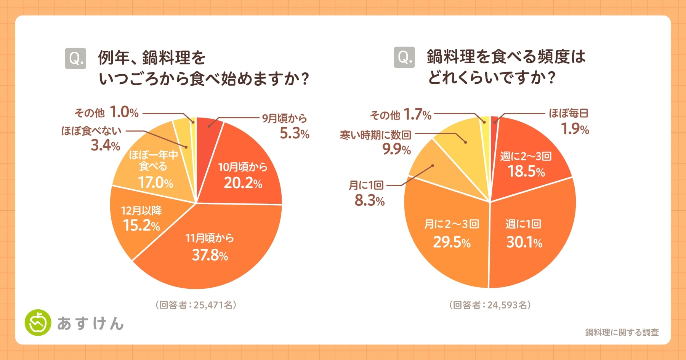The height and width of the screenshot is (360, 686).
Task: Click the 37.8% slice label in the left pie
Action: pos(210,254)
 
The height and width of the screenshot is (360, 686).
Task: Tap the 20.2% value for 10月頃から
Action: pos(243,183)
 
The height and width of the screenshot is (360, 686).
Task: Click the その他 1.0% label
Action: pos(106,112)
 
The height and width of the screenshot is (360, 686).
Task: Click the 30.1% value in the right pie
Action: pos(524,242)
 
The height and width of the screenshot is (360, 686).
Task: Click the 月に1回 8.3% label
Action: pos(368,193)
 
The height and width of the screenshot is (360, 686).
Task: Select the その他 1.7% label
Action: pos(401,114)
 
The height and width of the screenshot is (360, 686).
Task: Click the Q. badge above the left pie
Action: pos(75,58)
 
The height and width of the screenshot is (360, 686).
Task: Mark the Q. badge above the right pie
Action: pos(404,57)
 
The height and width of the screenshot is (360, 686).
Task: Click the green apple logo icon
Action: pos(38,323)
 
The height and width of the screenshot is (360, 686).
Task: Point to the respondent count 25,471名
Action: pos(196,305)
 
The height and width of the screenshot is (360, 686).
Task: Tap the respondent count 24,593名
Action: pos(490,305)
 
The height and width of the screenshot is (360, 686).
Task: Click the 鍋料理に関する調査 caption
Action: pos(622,333)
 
